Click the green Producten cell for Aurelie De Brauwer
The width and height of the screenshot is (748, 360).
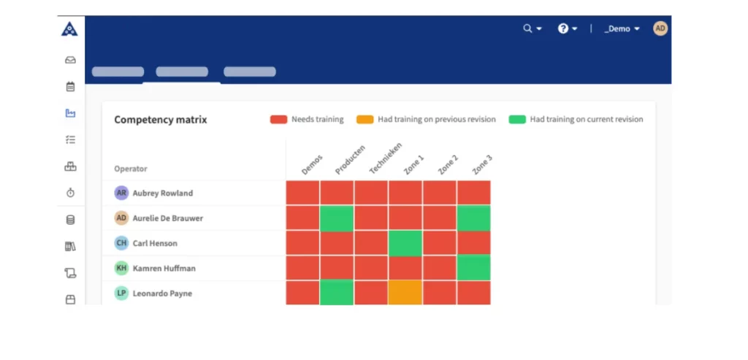tap(337, 218)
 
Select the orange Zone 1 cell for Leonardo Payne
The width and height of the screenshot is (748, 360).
tap(405, 293)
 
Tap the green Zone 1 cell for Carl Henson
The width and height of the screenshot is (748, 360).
tap(405, 243)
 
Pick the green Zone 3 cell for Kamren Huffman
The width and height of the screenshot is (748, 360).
tap(474, 268)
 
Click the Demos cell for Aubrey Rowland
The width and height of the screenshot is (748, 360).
tap(302, 193)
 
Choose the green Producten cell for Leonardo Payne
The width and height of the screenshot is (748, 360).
tap(337, 293)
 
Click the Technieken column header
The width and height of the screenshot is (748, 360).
tap(384, 158)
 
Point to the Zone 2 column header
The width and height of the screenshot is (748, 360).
tap(447, 164)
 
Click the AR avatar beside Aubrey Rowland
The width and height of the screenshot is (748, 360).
tap(122, 193)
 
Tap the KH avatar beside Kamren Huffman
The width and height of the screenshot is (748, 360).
tap(122, 268)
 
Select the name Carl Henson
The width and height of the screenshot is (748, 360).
tap(155, 243)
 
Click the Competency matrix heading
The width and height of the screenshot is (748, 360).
tap(160, 120)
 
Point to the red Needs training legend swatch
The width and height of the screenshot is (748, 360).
tap(278, 119)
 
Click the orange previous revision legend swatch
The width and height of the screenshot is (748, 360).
tap(365, 119)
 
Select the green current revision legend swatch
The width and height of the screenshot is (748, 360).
tap(517, 119)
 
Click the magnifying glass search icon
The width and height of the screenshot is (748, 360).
tap(527, 28)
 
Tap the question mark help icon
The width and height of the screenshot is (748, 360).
tap(563, 28)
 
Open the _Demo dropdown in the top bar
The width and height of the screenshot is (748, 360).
tap(622, 28)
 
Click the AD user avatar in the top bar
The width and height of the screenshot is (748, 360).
tap(660, 28)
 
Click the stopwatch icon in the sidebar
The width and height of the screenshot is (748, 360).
tap(70, 193)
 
